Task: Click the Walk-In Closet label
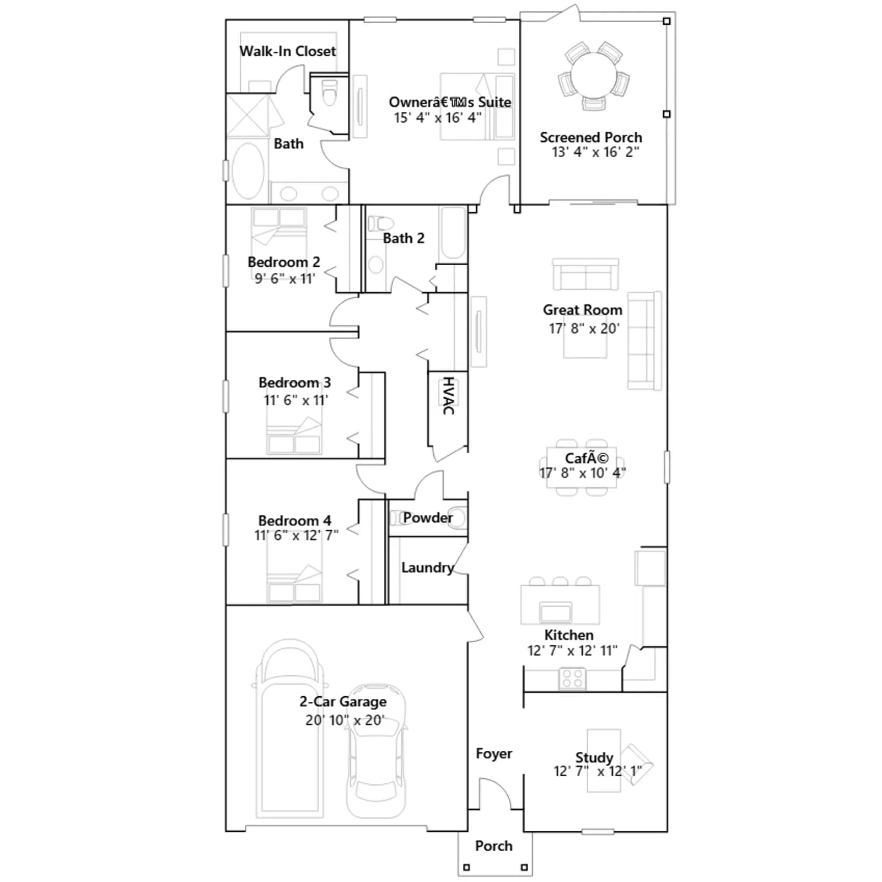(x=288, y=51)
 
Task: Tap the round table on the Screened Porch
(x=594, y=75)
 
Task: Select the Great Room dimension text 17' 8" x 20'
(x=584, y=329)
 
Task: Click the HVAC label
(x=449, y=396)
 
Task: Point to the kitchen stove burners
(x=573, y=678)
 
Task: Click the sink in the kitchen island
(x=556, y=612)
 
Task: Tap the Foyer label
(x=494, y=754)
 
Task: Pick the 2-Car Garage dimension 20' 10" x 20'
(x=345, y=720)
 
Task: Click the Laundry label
(x=428, y=568)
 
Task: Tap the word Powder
(x=428, y=518)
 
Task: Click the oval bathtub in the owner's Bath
(x=248, y=171)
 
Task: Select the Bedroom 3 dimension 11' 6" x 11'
(x=296, y=400)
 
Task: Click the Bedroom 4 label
(x=295, y=520)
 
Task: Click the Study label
(x=594, y=757)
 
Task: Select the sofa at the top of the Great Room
(x=585, y=274)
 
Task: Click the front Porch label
(x=494, y=846)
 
